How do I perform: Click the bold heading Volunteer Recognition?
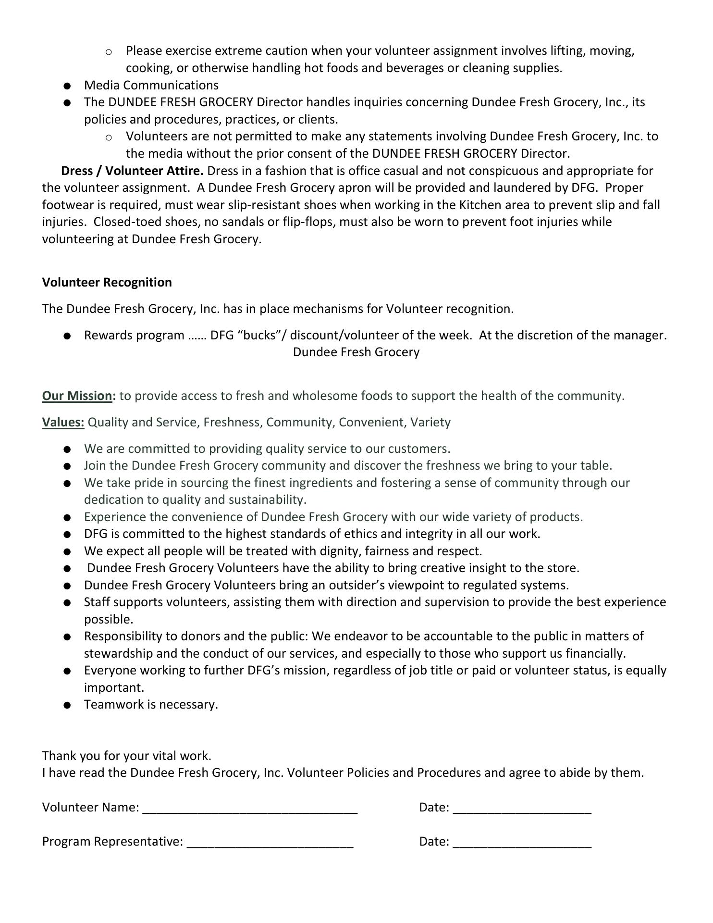click(107, 282)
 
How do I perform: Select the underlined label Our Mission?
click(77, 396)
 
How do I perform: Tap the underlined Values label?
click(63, 422)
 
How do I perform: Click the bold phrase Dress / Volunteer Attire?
click(132, 171)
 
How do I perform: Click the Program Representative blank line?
click(270, 843)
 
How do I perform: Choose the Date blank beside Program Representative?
click(522, 843)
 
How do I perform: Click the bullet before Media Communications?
click(67, 86)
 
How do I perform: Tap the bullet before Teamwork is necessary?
click(67, 705)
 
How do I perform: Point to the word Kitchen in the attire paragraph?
click(481, 205)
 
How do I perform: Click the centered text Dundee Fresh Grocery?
click(356, 352)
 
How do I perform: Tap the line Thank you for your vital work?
click(127, 756)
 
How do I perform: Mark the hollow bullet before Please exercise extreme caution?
click(109, 51)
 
